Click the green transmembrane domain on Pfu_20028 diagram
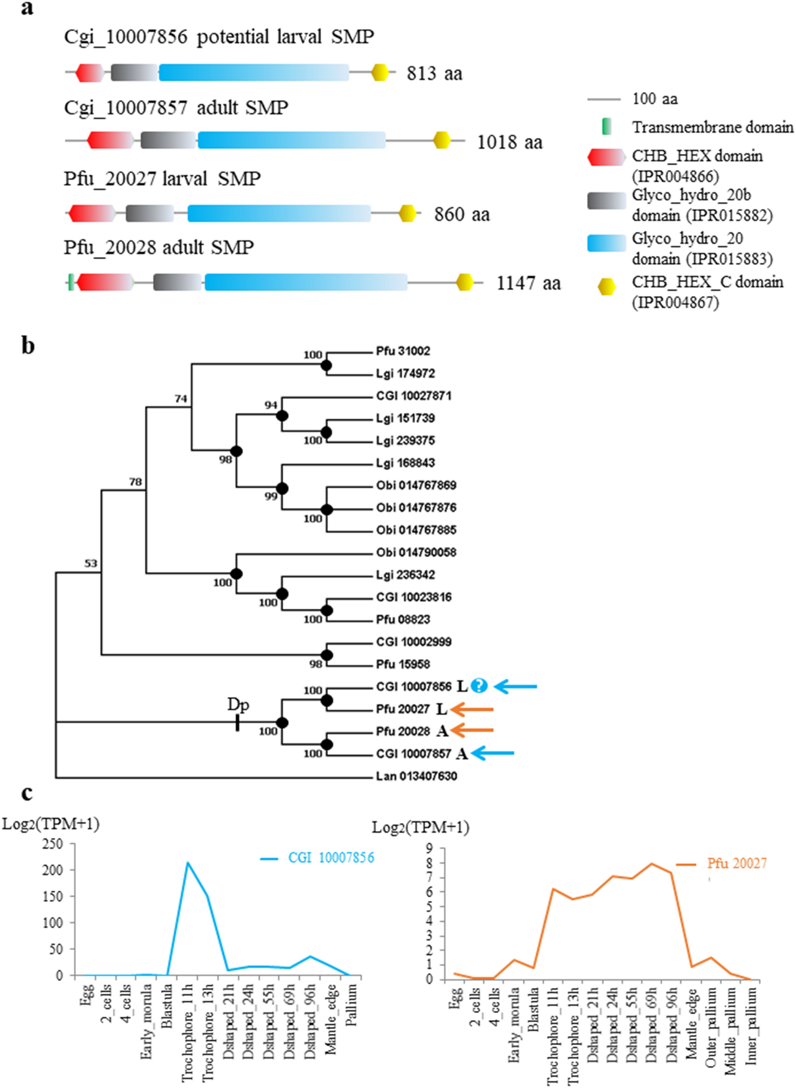click(71, 282)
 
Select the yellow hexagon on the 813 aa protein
click(380, 72)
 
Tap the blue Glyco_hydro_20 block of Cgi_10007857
click(292, 140)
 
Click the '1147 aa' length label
click(529, 283)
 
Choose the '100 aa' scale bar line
click(603, 100)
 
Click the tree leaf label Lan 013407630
click(416, 776)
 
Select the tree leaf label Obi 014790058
click(416, 552)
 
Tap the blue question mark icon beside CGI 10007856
click(478, 686)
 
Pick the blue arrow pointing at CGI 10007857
click(492, 753)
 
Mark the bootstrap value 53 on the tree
click(91, 563)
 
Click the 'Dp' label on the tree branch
click(238, 705)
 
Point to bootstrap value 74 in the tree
click(181, 399)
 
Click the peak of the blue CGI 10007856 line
click(188, 862)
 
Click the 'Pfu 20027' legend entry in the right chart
click(736, 863)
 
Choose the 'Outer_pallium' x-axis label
click(712, 1018)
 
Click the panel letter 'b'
click(28, 345)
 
